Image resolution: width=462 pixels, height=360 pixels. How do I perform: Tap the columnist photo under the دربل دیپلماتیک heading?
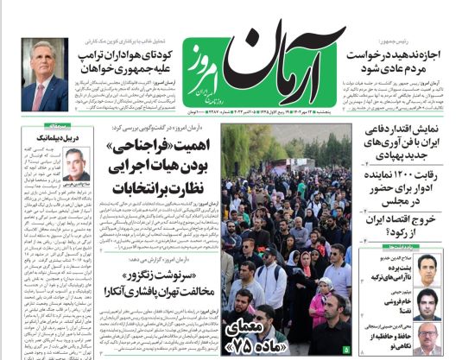[x=75, y=164]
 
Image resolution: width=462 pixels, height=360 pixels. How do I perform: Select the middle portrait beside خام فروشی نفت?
[x=426, y=302]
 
